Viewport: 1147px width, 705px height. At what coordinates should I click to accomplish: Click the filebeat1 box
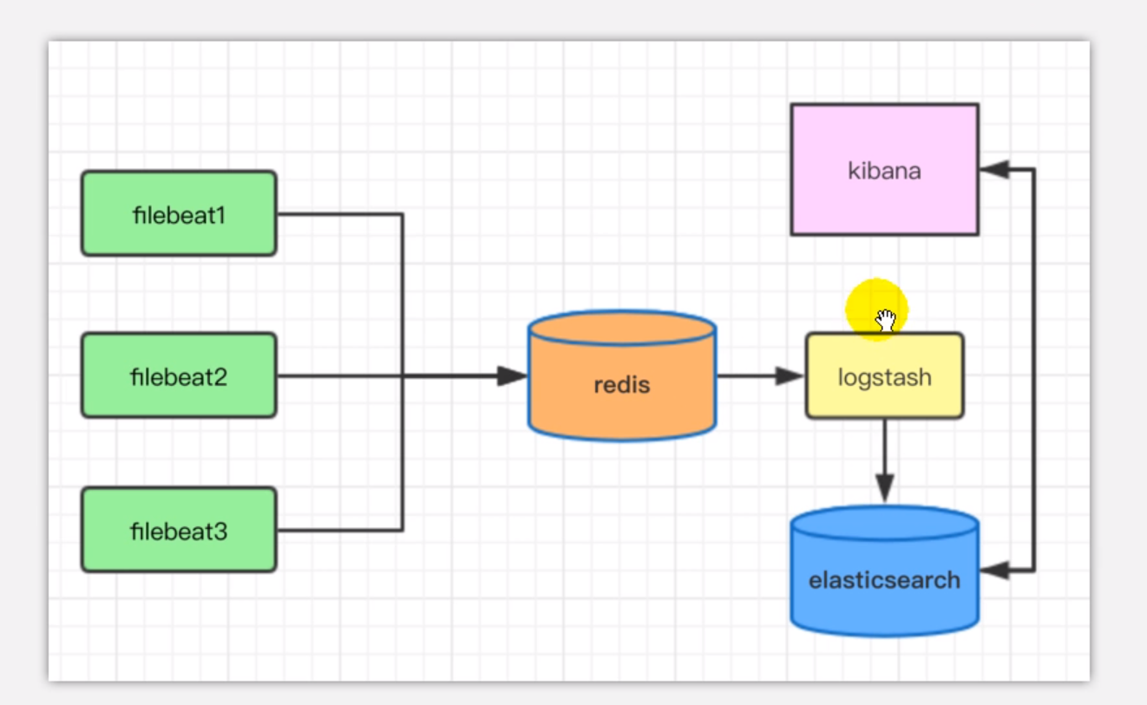point(179,213)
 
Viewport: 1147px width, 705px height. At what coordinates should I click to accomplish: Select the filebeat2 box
point(179,375)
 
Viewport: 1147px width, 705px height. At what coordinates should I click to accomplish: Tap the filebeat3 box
point(179,529)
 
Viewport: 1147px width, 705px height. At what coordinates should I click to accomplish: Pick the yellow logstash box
point(884,376)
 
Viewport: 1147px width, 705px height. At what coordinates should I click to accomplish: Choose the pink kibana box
point(884,170)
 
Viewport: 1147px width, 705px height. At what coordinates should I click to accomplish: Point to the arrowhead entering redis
point(513,375)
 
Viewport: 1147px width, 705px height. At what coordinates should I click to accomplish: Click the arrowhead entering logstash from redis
point(790,375)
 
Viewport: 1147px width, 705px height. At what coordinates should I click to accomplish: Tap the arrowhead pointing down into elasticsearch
point(884,487)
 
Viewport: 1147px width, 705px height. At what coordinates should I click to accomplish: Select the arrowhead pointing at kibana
point(994,170)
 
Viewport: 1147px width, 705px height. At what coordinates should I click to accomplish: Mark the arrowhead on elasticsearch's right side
point(994,571)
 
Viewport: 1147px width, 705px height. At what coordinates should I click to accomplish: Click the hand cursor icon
point(885,320)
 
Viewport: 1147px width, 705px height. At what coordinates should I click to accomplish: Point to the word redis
point(622,385)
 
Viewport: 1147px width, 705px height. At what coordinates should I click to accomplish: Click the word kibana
point(884,171)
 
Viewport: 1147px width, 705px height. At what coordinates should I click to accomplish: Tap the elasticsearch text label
point(884,580)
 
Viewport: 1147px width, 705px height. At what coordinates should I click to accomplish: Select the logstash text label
point(884,378)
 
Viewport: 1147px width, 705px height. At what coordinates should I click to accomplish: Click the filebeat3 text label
point(179,531)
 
